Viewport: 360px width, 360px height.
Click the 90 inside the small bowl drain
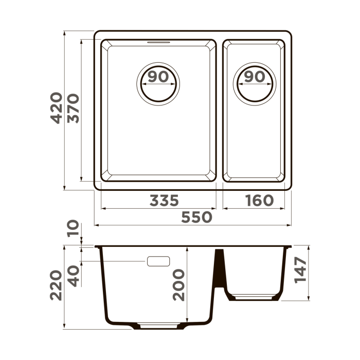255,77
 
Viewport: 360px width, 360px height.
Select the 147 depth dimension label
301,269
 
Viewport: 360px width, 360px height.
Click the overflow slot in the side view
158,261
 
